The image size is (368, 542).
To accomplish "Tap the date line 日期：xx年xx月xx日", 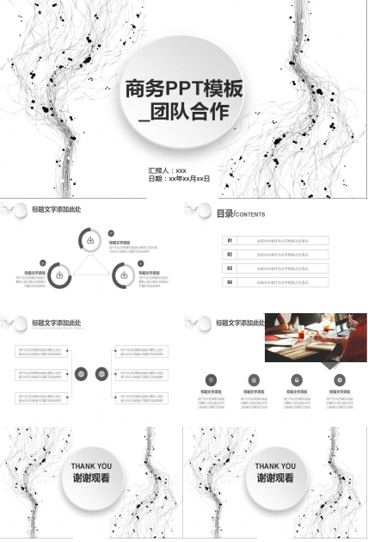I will point(180,179).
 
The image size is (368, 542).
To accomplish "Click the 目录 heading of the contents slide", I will point(224,213).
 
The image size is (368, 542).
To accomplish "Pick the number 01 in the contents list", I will point(230,241).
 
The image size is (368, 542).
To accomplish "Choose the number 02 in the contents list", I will point(230,255).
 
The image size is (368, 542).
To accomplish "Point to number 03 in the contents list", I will point(230,268).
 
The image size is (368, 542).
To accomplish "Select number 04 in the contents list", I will point(230,282).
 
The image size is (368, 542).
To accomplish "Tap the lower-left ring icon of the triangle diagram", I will point(59,275).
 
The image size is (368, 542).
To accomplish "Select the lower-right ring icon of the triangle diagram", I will point(123,275).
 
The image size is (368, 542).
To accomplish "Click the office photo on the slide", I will point(316,338).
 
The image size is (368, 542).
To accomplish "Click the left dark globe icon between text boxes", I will point(82,374).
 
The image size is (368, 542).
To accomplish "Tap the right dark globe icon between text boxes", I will point(102,374).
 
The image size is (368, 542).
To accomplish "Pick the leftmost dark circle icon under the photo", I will point(211,379).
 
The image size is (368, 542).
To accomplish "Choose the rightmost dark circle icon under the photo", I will point(340,379).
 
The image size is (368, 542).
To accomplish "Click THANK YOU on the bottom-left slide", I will point(91,467).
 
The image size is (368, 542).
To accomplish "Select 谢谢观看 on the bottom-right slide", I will point(275,478).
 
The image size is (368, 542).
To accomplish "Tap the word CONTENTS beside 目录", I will point(250,214).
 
